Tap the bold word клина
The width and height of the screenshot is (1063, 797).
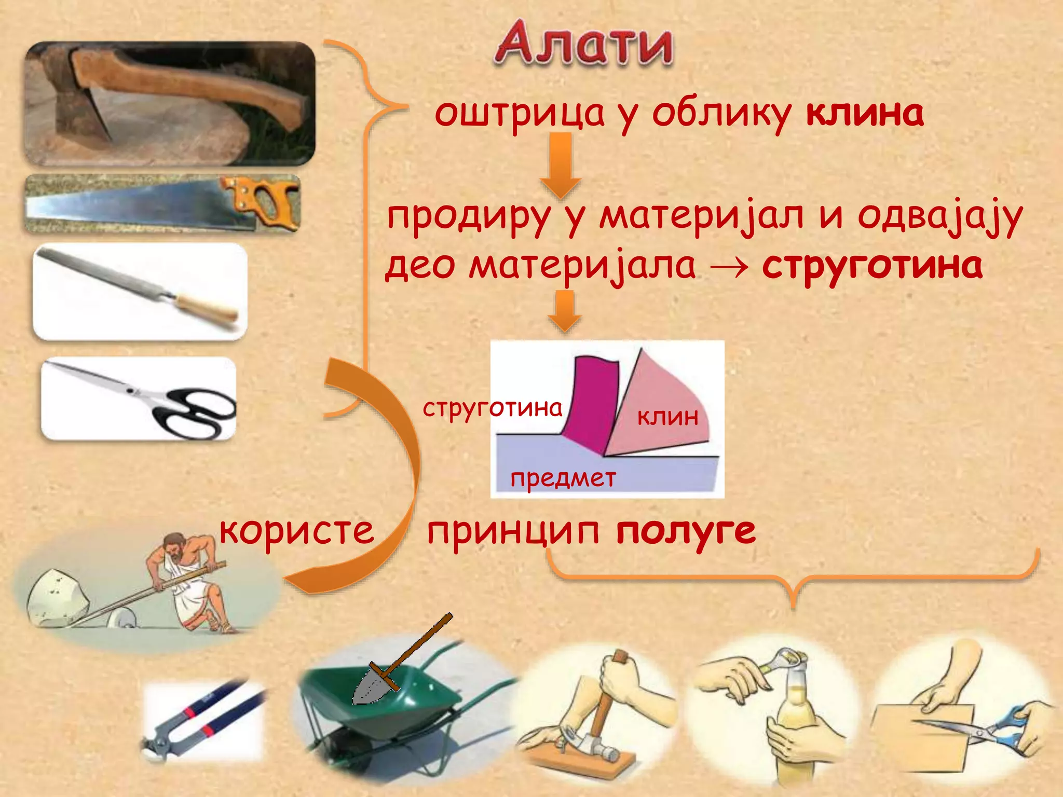(865, 113)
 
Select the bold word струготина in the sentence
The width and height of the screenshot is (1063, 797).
(872, 266)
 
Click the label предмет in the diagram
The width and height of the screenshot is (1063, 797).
(563, 478)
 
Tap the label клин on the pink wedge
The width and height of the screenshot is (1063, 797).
(668, 417)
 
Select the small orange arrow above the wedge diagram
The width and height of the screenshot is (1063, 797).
(565, 310)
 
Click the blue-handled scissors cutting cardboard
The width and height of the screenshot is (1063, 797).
(1002, 726)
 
